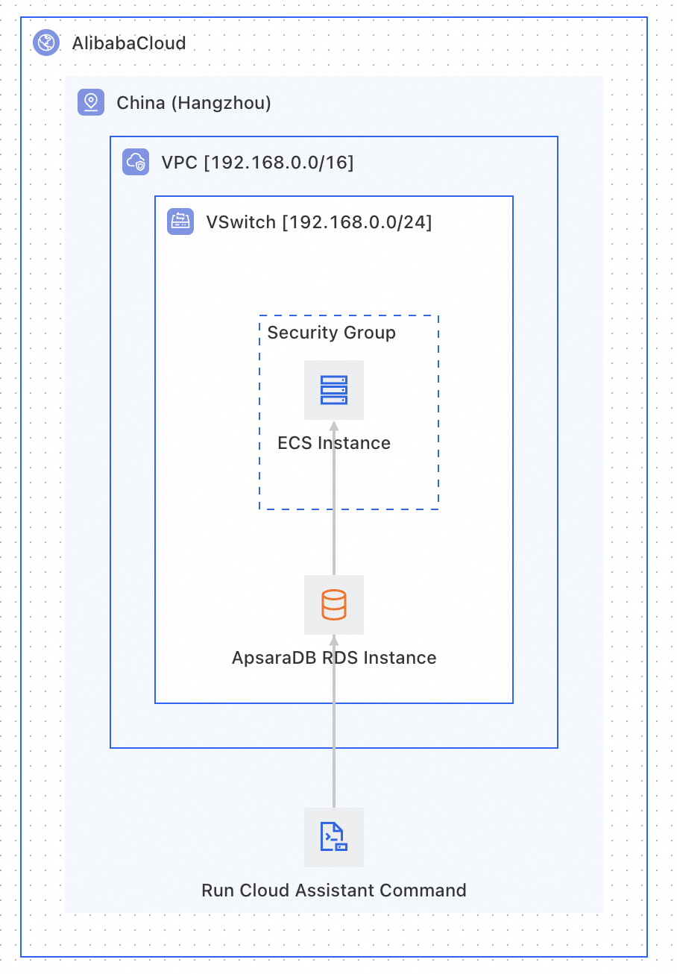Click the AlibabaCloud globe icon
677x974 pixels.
(46, 43)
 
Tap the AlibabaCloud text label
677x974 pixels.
(129, 43)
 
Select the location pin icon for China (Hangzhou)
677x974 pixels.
(91, 102)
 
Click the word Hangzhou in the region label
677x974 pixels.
(221, 103)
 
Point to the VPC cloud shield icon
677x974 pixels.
(136, 162)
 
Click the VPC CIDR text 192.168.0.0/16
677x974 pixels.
(278, 163)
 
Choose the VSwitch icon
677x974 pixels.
(180, 221)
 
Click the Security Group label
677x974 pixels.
(331, 333)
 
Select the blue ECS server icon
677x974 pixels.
(334, 390)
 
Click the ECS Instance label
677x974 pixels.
(334, 443)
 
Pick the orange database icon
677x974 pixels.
(334, 604)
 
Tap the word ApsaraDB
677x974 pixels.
(274, 658)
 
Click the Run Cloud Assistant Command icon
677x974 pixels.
(334, 837)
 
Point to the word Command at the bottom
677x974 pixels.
(423, 890)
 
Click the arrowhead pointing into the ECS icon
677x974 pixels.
(334, 426)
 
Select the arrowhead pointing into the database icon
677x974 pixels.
(334, 640)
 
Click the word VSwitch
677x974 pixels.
(241, 222)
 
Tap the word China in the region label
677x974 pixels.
(141, 103)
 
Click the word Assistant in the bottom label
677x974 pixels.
(335, 890)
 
